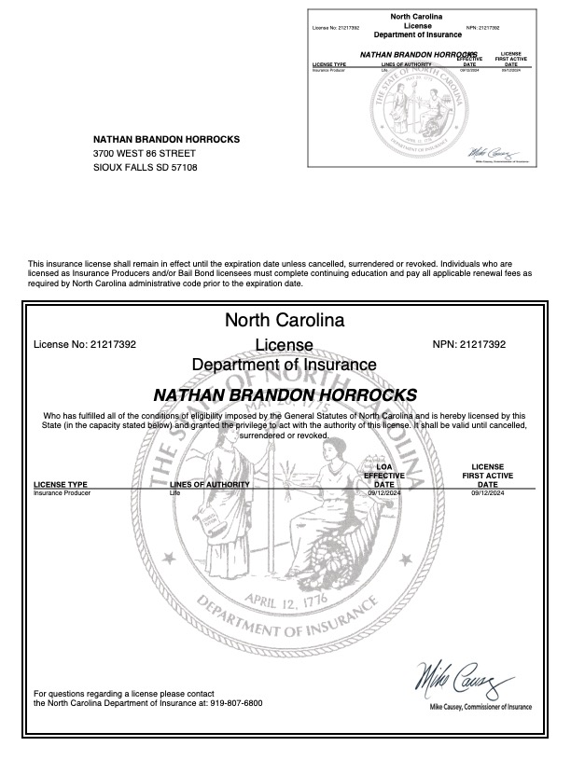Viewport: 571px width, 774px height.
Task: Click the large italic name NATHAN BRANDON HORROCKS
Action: click(285, 394)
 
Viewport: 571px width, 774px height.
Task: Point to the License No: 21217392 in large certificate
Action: click(85, 344)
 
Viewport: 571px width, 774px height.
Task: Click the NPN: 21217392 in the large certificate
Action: click(469, 344)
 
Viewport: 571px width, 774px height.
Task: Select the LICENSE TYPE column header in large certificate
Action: click(61, 485)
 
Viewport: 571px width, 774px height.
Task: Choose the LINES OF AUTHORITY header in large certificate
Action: click(210, 485)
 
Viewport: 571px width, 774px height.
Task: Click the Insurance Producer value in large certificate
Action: click(61, 493)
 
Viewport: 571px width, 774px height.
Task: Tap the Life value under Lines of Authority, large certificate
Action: click(174, 493)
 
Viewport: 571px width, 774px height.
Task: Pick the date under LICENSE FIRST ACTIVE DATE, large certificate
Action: click(487, 493)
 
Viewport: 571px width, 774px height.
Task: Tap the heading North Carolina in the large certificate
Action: click(285, 321)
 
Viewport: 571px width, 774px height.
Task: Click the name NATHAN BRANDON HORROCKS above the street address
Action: click(166, 139)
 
